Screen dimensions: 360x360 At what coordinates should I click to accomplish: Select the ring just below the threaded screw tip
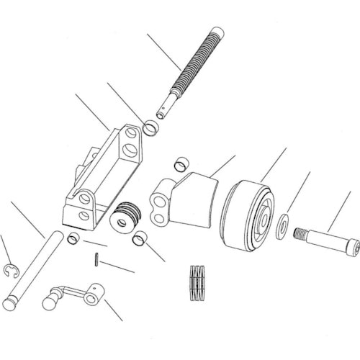click(152, 129)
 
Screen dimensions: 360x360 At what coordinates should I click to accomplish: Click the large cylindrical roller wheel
click(247, 214)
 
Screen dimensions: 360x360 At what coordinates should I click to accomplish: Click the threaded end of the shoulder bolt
click(299, 233)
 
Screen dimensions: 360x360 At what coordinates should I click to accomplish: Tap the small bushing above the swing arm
click(182, 165)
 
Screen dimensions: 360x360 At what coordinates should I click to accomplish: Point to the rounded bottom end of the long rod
click(9, 304)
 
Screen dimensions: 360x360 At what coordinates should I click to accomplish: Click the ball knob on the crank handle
click(50, 301)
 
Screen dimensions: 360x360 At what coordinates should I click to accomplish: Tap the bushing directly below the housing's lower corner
click(73, 238)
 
